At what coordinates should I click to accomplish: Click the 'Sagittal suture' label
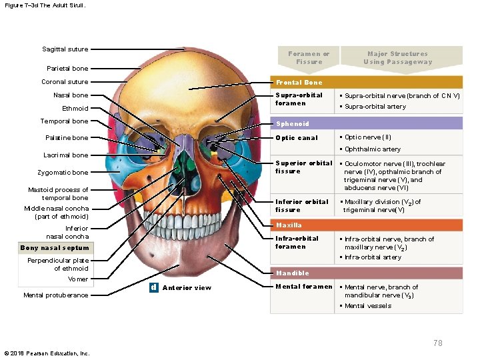[x=65, y=49]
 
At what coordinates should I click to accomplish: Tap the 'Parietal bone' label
[x=67, y=68]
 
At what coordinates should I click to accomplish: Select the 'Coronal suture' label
[x=65, y=82]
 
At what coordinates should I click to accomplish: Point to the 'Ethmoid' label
[x=75, y=108]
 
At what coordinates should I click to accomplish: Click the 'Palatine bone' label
[x=66, y=138]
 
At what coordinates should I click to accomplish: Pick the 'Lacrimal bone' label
[x=66, y=155]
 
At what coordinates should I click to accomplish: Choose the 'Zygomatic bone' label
[x=62, y=173]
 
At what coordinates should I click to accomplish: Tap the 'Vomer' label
[x=77, y=279]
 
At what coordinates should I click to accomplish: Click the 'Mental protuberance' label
[x=55, y=295]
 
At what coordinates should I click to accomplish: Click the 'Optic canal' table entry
[x=297, y=138]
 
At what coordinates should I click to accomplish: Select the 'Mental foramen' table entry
[x=304, y=287]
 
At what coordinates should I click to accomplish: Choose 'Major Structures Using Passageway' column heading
[x=397, y=58]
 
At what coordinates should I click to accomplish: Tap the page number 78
[x=437, y=343]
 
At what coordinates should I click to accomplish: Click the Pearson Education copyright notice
[x=47, y=353]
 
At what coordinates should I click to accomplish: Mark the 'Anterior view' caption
[x=187, y=288]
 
